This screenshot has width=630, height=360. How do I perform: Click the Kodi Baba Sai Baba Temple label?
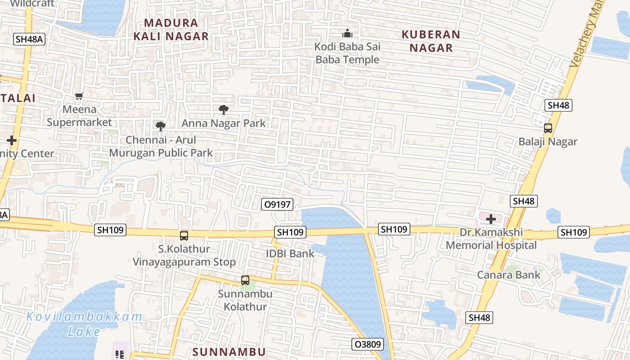pyautogui.click(x=347, y=53)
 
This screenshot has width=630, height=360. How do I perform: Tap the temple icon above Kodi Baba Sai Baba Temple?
pyautogui.click(x=347, y=33)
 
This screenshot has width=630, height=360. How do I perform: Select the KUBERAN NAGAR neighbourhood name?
pyautogui.click(x=431, y=41)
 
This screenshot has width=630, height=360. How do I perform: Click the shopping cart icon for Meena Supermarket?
pyautogui.click(x=79, y=96)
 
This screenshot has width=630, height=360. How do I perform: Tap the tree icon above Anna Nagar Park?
pyautogui.click(x=223, y=109)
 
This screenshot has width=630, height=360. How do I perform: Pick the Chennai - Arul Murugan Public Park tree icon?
pyautogui.click(x=160, y=126)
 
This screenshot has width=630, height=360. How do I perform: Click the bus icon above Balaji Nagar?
pyautogui.click(x=548, y=128)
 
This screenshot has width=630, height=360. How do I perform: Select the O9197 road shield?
pyautogui.click(x=277, y=204)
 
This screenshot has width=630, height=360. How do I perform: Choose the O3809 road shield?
pyautogui.click(x=367, y=344)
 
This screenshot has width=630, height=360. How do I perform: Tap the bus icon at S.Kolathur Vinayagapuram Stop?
pyautogui.click(x=184, y=235)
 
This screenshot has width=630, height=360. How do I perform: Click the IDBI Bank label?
pyautogui.click(x=290, y=253)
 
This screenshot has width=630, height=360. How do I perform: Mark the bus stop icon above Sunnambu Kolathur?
pyautogui.click(x=245, y=280)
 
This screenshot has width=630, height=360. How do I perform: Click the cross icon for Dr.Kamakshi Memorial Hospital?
pyautogui.click(x=490, y=219)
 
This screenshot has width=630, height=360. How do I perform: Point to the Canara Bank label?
pyautogui.click(x=509, y=274)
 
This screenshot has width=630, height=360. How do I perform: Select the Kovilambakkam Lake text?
pyautogui.click(x=84, y=324)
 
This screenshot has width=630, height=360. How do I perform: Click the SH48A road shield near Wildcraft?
pyautogui.click(x=29, y=39)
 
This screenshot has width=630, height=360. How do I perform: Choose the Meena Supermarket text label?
pyautogui.click(x=79, y=116)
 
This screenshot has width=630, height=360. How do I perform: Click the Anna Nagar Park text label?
pyautogui.click(x=224, y=123)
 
